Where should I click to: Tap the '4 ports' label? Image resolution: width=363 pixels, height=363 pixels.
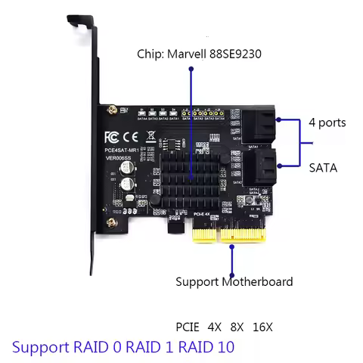pos(328,122)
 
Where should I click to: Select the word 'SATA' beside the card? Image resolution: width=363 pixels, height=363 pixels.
pos(323,167)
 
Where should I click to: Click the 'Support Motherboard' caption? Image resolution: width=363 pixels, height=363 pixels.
pos(234,282)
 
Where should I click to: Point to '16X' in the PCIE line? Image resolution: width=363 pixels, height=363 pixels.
pos(262,327)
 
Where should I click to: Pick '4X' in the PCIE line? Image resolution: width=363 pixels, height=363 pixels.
pos(215,327)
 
